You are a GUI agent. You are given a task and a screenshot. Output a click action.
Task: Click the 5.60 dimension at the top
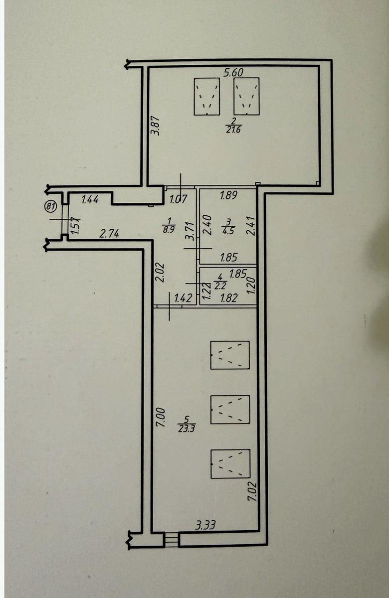(x=233, y=72)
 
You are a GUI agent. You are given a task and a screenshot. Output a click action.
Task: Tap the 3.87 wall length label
(x=156, y=125)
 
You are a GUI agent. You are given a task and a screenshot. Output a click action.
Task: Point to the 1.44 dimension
(x=90, y=199)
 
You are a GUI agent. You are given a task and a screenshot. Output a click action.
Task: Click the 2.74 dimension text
(x=109, y=234)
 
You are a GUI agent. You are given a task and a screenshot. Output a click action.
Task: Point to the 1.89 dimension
(x=228, y=196)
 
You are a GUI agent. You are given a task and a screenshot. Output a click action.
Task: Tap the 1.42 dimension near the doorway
(x=183, y=298)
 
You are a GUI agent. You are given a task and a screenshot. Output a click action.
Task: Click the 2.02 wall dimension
(x=160, y=273)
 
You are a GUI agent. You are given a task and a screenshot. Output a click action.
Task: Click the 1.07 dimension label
(x=179, y=199)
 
